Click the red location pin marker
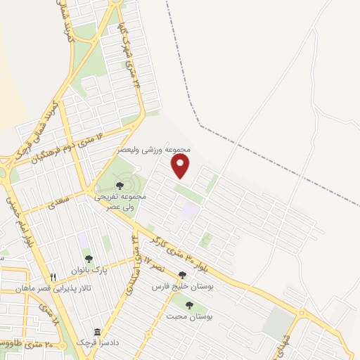181,166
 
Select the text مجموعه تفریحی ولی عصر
120,202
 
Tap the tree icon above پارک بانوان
88,259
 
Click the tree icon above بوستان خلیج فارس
182,276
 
